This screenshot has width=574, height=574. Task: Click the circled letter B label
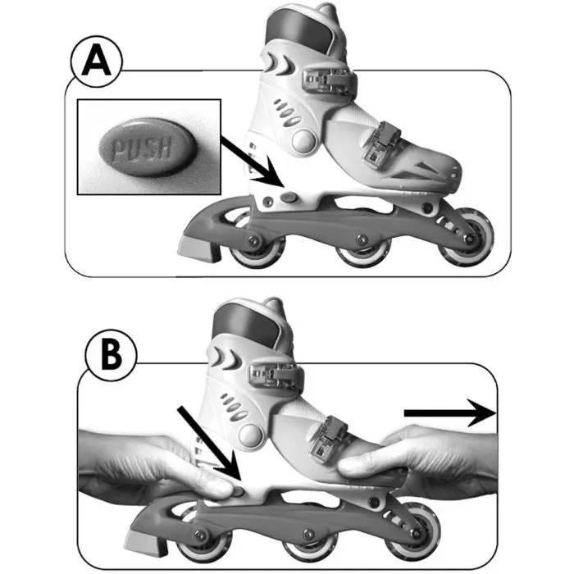click(x=112, y=358)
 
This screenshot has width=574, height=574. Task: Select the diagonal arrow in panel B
click(x=209, y=443)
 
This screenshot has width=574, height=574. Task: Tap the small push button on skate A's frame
click(x=291, y=197)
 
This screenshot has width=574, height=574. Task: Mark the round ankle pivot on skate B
click(x=251, y=432)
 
